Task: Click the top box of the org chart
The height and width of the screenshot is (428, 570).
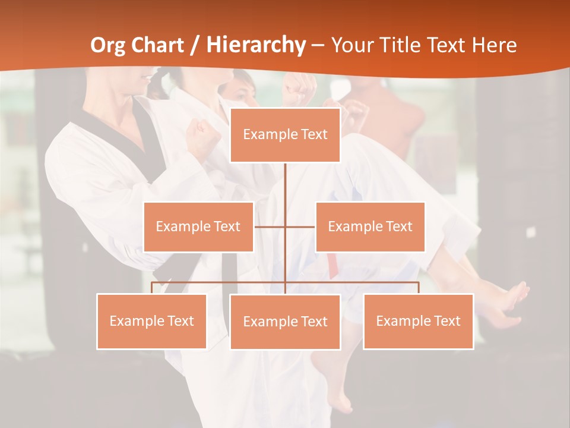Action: [x=285, y=135]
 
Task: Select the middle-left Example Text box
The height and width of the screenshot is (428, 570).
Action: [x=198, y=226]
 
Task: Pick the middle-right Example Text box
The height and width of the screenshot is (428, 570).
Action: [x=370, y=226]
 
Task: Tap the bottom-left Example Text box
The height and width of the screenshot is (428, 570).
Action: [x=151, y=321]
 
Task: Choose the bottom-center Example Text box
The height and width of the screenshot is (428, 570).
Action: [x=285, y=322]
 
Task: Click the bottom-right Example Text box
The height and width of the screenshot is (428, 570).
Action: [x=418, y=321]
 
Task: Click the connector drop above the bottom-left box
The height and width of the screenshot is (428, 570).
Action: [x=152, y=288]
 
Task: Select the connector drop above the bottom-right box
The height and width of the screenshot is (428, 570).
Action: [x=418, y=288]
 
